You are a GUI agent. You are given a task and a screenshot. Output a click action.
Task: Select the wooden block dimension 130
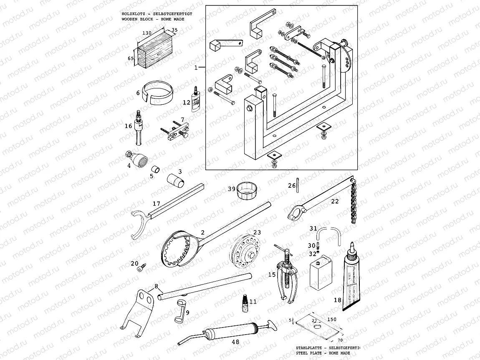(147, 33)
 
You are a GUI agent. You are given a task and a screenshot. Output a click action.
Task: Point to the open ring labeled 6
(159, 92)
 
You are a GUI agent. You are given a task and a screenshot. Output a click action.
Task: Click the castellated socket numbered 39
(246, 191)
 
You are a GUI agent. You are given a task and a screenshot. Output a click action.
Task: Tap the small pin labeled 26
(298, 186)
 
